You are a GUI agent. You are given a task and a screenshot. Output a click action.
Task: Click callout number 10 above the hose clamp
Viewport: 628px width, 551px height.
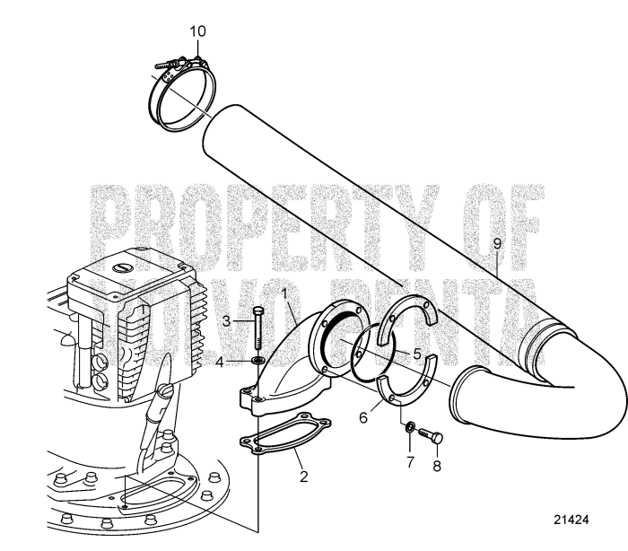pyautogui.click(x=197, y=31)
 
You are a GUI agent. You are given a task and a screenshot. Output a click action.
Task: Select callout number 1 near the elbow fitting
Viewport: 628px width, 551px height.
pyautogui.click(x=285, y=293)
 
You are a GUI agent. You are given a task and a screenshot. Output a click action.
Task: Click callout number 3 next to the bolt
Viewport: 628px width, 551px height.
pyautogui.click(x=228, y=320)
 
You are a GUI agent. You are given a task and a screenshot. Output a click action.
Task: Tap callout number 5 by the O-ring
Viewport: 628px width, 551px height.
pyautogui.click(x=418, y=354)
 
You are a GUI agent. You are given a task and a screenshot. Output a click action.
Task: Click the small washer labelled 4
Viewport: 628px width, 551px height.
pyautogui.click(x=257, y=362)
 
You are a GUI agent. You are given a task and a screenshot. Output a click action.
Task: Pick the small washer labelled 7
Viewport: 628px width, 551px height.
pyautogui.click(x=406, y=427)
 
